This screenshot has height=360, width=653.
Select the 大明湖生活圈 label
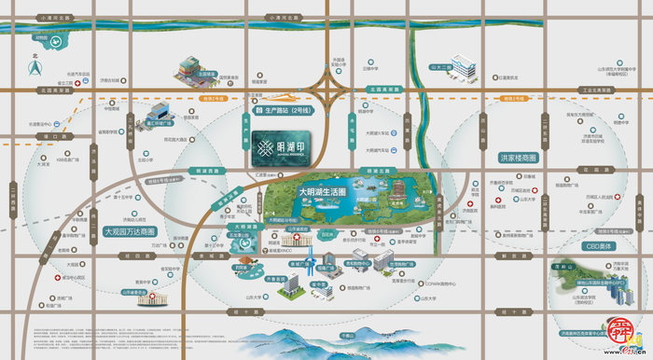[x=322, y=191]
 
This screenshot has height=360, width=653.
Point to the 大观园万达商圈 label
[x=130, y=230]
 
